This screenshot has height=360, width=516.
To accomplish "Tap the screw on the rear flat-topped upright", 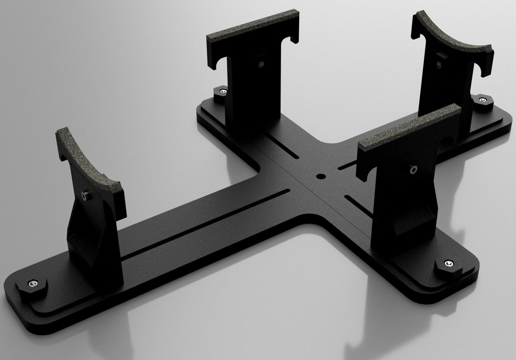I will tap(260, 65).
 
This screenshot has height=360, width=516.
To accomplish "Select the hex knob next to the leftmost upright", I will tap(32, 287).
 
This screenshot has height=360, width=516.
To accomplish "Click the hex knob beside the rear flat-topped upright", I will tap(221, 93).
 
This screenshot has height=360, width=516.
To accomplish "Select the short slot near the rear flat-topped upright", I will tap(281, 141).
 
